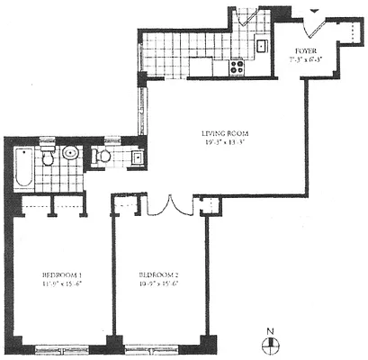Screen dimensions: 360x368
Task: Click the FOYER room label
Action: pyautogui.click(x=307, y=52)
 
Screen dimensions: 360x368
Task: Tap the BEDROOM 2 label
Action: pyautogui.click(x=158, y=274)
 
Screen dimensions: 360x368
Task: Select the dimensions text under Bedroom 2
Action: pyautogui.click(x=158, y=283)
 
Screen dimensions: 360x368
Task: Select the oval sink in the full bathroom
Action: pyautogui.click(x=71, y=155)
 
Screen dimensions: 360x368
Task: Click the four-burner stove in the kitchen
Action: pyautogui.click(x=238, y=66)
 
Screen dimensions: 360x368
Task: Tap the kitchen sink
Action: pyautogui.click(x=261, y=45)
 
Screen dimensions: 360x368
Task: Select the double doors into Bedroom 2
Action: pyautogui.click(x=169, y=204)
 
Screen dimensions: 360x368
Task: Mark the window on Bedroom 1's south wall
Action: pyautogui.click(x=61, y=345)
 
